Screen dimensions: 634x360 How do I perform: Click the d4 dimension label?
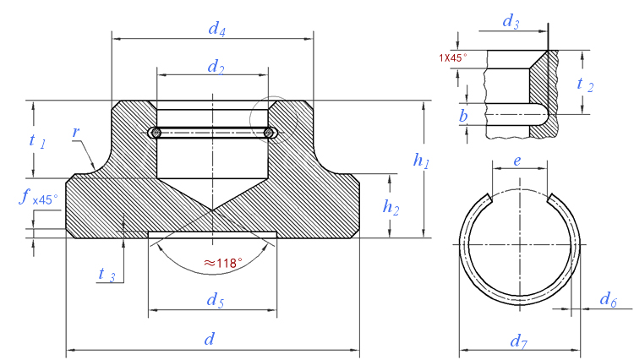point(216,29)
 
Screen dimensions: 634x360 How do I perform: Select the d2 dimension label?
point(216,67)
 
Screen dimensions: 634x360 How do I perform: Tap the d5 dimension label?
point(215,300)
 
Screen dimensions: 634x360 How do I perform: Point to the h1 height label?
point(421,161)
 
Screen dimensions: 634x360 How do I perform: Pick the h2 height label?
point(391,207)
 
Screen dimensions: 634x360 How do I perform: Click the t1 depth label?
point(37,141)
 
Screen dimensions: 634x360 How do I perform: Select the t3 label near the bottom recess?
point(107,275)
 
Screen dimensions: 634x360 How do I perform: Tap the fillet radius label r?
point(75,132)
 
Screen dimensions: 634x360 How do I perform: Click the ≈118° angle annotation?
point(223,264)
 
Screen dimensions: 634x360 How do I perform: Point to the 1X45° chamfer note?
point(453,58)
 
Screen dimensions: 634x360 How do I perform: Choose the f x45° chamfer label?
point(38,198)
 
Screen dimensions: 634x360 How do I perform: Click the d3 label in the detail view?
point(511,22)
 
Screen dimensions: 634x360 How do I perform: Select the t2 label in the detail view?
point(585,85)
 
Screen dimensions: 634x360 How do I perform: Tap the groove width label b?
point(463,116)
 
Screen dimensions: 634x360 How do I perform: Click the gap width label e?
point(517,161)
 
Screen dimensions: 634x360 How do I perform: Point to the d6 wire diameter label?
point(608,300)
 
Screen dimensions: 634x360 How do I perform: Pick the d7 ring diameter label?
point(519,342)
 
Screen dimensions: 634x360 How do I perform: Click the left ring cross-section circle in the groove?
point(156,133)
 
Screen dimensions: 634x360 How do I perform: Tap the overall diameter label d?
point(209,339)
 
